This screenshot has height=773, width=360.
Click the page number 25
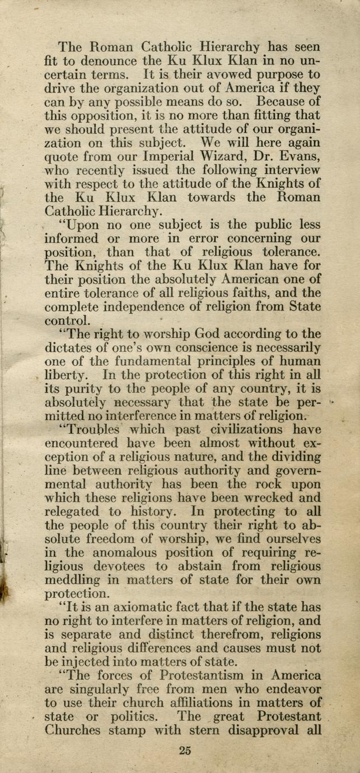185,751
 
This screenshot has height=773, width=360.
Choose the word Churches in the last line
72,730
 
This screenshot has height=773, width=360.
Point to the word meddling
71,580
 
